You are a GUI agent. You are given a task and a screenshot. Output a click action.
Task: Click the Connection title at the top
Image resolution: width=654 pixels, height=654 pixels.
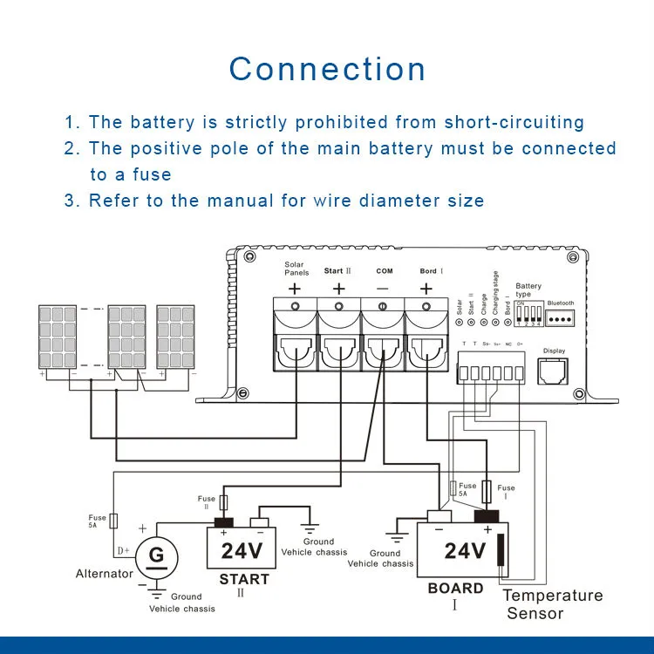[327, 69]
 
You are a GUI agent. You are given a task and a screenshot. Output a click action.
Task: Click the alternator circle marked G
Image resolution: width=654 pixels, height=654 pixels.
[157, 554]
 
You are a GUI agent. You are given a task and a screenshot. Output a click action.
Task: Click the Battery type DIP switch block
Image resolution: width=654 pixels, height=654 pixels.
[528, 315]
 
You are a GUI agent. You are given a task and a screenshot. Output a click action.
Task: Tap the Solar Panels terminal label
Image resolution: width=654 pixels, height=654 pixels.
[295, 268]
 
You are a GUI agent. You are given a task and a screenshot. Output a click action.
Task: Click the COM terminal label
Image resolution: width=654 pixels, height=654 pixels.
[384, 271]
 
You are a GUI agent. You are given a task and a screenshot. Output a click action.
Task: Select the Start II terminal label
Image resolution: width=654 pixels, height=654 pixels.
[337, 271]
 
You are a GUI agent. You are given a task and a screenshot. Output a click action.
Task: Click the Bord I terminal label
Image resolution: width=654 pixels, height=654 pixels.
[431, 271]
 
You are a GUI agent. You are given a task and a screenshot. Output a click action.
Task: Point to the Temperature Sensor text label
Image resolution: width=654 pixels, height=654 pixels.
[552, 604]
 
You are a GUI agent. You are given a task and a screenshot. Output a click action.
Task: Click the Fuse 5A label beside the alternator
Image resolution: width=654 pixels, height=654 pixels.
[97, 521]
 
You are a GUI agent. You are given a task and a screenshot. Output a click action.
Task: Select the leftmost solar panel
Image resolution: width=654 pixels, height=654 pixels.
[61, 337]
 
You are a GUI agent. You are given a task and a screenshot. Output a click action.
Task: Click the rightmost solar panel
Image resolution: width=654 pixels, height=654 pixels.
[174, 337]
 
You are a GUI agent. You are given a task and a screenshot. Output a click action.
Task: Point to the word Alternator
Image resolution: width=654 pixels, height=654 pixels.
[105, 574]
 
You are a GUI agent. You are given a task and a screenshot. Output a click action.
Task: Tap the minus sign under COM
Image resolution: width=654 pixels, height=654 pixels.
[384, 288]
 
